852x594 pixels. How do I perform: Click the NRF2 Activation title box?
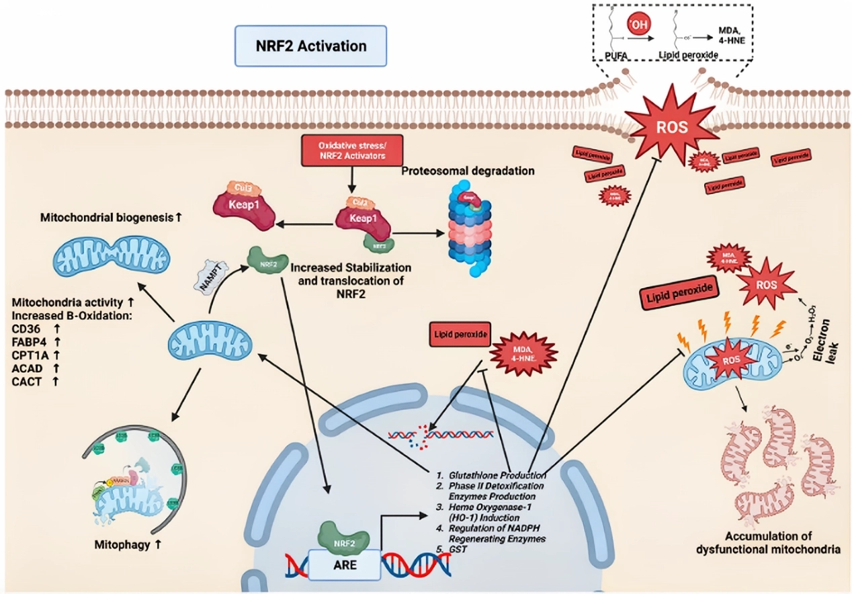[x=310, y=46]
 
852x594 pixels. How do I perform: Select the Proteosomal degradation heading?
[x=468, y=171]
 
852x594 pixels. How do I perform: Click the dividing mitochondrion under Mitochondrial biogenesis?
[x=112, y=257]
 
